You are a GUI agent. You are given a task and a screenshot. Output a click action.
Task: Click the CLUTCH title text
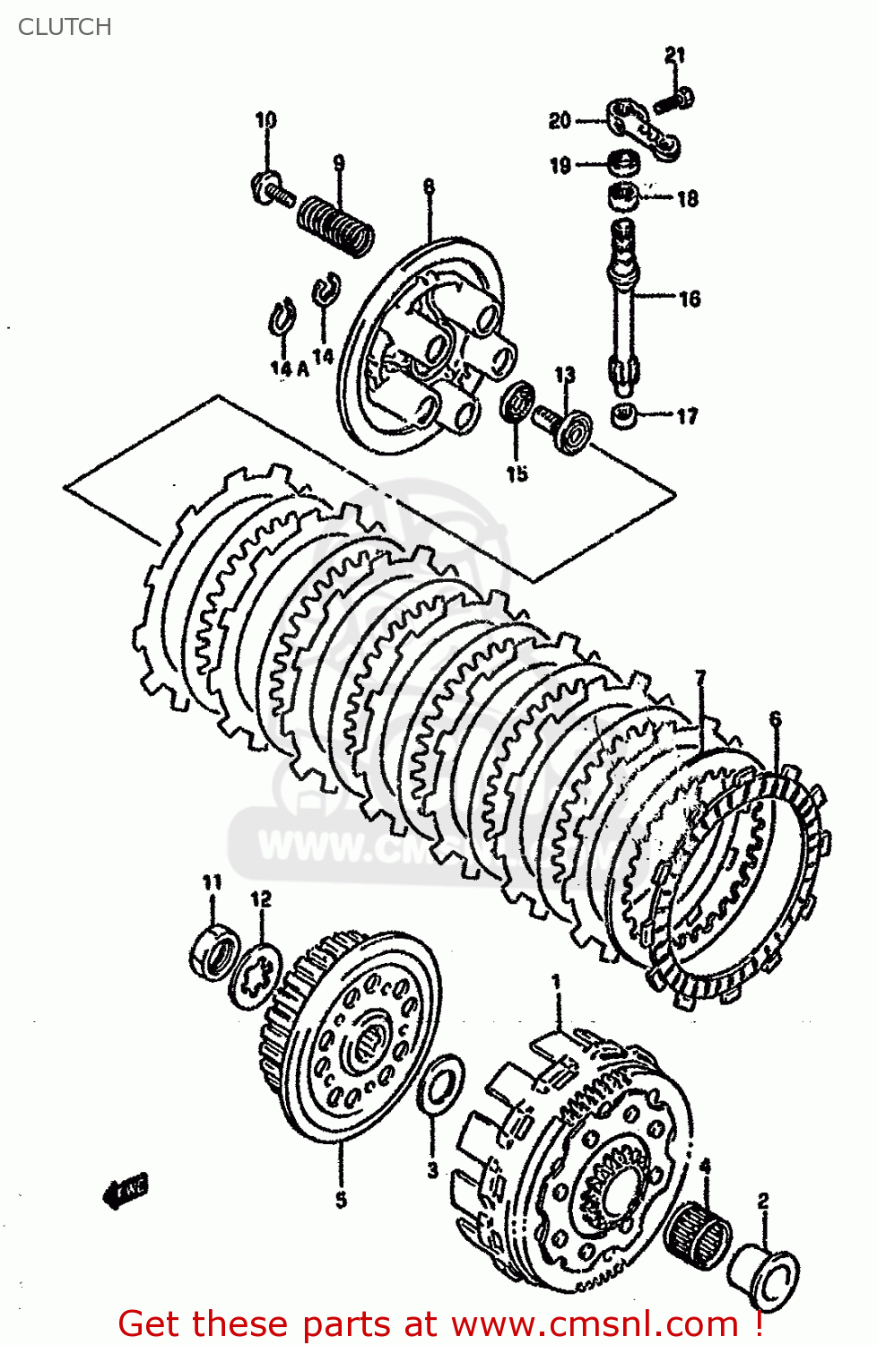pyautogui.click(x=65, y=27)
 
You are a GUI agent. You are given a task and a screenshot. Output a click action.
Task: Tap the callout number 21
pyautogui.click(x=674, y=56)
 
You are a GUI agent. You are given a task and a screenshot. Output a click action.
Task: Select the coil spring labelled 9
pyautogui.click(x=335, y=224)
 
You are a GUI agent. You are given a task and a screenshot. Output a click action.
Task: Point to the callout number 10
pyautogui.click(x=266, y=120)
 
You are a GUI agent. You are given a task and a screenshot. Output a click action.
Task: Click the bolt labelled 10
pyautogui.click(x=272, y=189)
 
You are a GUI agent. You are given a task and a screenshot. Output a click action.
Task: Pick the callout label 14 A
pyautogui.click(x=289, y=368)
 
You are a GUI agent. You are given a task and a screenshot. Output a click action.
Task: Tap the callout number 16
pyautogui.click(x=689, y=299)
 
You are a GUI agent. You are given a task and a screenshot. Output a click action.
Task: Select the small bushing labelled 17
pyautogui.click(x=625, y=416)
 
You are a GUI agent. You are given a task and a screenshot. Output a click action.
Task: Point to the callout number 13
pyautogui.click(x=564, y=375)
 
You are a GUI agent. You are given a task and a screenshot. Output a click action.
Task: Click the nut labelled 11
pyautogui.click(x=215, y=953)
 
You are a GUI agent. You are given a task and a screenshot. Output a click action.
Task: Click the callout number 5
pyautogui.click(x=341, y=1199)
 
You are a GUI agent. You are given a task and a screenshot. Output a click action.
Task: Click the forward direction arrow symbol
pyautogui.click(x=126, y=1190)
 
